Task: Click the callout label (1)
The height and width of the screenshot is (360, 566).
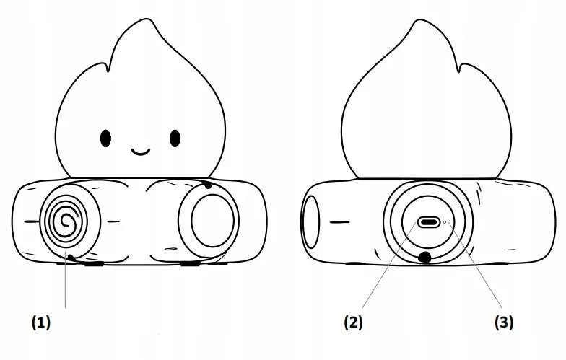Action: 41,322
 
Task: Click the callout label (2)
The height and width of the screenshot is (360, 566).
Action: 353,322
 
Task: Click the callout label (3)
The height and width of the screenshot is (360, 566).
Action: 504,322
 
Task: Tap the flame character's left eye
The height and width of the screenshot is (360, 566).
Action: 105,139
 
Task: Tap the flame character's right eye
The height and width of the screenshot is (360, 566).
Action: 175,139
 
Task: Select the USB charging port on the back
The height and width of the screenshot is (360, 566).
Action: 429,222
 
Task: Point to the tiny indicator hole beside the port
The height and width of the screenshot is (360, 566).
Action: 445,222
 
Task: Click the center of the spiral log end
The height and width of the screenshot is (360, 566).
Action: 66,221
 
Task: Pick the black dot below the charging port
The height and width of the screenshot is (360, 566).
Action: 425,257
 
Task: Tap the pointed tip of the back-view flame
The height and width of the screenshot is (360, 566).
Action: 420,20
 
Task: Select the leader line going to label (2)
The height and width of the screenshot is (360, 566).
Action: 388,265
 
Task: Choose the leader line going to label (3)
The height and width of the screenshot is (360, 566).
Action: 475,265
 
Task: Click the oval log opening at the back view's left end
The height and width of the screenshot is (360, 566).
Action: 310,221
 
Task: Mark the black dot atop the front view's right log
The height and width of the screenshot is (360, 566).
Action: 206,185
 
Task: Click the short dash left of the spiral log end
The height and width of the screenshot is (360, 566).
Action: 32,221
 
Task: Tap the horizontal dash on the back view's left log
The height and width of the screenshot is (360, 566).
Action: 339,222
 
